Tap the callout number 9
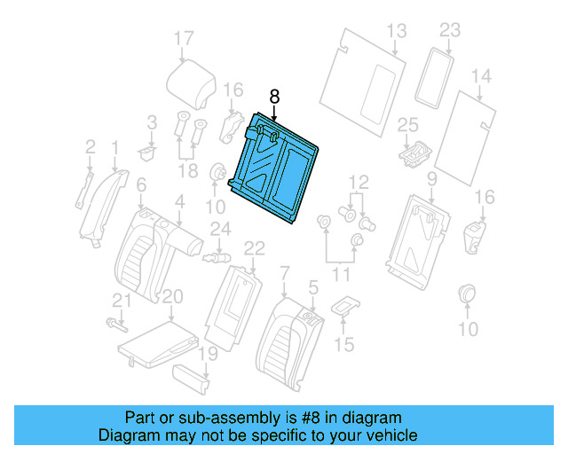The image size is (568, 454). pos(431,181)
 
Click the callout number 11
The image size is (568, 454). pos(341,276)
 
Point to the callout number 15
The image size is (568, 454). pos(344,343)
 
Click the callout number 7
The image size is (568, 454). pos(283,270)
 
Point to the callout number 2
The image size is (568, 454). pos(90,145)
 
